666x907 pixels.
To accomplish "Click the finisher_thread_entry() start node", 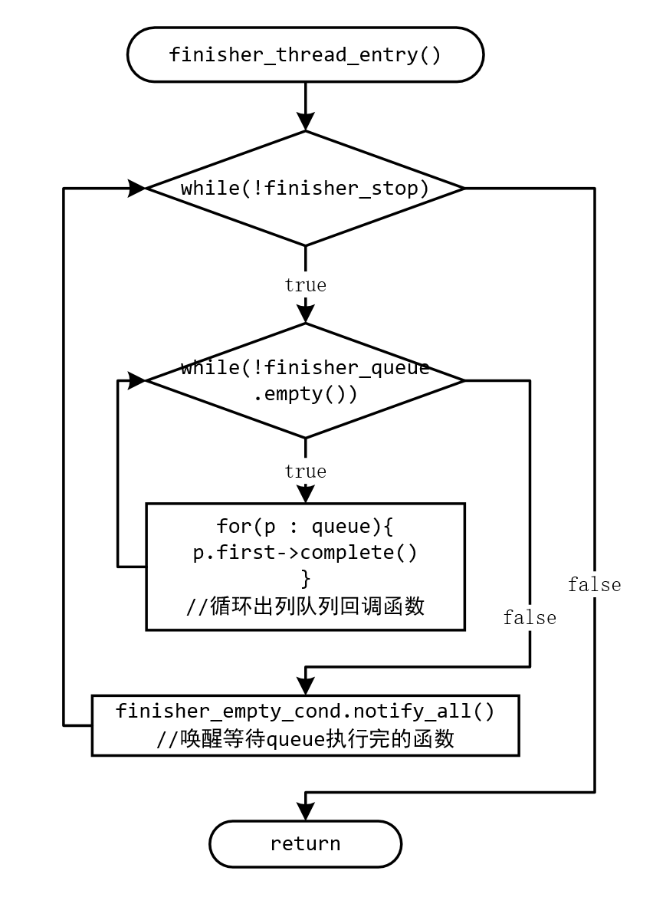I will coord(305,54).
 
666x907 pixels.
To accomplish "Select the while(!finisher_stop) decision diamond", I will coord(305,188).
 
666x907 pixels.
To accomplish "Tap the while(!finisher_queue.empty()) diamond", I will coord(305,380).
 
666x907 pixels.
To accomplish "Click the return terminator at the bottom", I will coord(305,844).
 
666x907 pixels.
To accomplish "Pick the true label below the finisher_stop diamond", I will coord(305,285).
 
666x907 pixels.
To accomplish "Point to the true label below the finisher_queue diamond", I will coord(305,471).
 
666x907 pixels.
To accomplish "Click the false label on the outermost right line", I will coord(594,585).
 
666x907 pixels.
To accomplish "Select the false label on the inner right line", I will coord(530,618).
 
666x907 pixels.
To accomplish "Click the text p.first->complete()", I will coord(305,553).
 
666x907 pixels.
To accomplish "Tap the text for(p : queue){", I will coord(305,527).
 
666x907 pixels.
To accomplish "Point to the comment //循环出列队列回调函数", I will coord(305,606).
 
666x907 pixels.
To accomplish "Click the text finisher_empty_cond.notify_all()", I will coord(305,711).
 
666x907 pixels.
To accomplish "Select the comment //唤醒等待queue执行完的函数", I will coord(305,738).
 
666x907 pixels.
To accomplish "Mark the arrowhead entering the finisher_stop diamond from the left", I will coord(137,188).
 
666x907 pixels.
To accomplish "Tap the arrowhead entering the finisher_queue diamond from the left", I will coord(137,380).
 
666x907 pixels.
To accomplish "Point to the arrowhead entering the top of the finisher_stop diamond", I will coord(305,122).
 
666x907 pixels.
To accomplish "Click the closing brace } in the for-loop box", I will coord(305,578).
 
